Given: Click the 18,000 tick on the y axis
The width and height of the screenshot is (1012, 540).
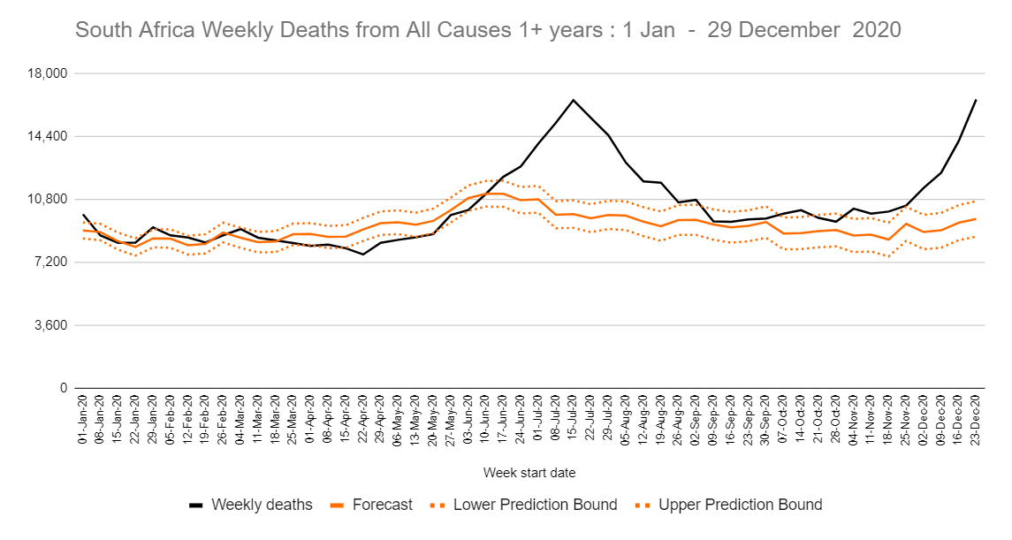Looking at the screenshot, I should coord(49,73).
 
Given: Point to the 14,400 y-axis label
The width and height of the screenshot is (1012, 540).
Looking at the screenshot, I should coord(49,136).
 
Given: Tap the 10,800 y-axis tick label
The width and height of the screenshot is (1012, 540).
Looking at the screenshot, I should coord(49,199).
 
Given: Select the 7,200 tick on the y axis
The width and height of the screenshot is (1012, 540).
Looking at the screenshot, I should coord(53,262).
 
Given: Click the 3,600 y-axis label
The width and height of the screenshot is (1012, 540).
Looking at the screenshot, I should coord(53,325).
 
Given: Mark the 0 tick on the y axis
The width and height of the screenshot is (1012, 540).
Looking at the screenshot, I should coord(64,388).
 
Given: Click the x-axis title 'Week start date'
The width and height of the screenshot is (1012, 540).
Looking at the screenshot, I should coord(529,473).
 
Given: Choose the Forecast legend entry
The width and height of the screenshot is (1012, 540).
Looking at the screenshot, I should coord(382,506).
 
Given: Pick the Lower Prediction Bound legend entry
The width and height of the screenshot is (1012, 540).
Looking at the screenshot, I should coord(535,506).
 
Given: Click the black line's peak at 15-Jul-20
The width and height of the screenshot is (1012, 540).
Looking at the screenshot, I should coord(573,100).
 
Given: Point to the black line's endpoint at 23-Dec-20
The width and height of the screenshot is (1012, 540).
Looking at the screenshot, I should coord(975,100).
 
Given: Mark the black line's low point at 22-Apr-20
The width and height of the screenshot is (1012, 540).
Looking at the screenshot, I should coord(362,255).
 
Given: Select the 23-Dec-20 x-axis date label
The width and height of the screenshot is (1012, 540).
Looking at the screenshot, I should coord(975,417).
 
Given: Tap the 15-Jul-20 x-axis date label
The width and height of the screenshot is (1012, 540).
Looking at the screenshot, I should coord(573,417).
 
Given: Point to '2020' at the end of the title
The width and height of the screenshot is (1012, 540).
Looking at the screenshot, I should coord(877,30).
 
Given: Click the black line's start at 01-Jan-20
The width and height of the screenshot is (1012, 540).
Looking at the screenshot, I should coord(83,215).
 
